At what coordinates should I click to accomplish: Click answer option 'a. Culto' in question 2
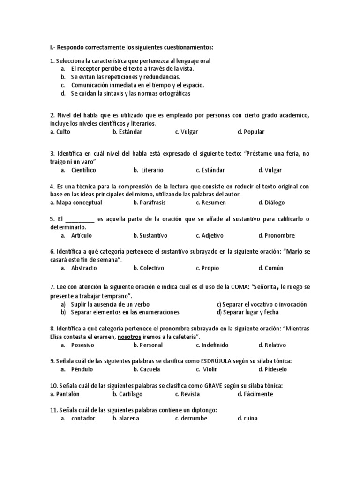pyautogui.click(x=60, y=132)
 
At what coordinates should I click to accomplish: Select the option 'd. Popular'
pyautogui.click(x=251, y=132)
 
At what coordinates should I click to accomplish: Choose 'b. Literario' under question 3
pyautogui.click(x=148, y=170)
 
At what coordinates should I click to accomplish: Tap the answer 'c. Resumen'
pyautogui.click(x=210, y=202)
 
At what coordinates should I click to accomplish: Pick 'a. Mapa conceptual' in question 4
pyautogui.click(x=76, y=202)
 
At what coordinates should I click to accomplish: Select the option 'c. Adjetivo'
pyautogui.click(x=210, y=235)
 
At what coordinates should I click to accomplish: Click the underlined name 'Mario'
pyautogui.click(x=294, y=252)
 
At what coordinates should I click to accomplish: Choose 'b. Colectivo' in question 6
pyautogui.click(x=148, y=268)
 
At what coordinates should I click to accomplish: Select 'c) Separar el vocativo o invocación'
pyautogui.click(x=262, y=304)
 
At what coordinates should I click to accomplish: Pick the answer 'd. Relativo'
pyautogui.click(x=271, y=345)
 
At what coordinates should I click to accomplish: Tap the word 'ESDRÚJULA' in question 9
pyautogui.click(x=218, y=361)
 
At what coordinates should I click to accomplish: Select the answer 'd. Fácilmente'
pyautogui.click(x=255, y=394)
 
